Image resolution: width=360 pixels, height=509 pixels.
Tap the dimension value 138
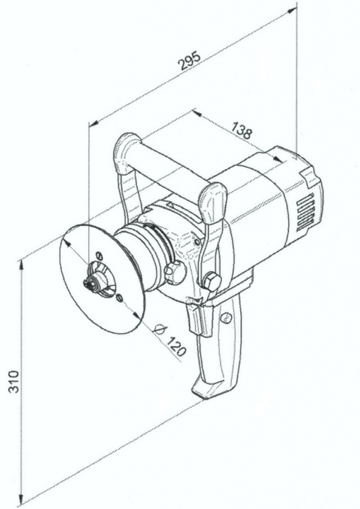point(241,131)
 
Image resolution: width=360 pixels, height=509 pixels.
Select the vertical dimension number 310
point(15,382)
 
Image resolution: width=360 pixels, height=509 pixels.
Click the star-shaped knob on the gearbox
point(174,271)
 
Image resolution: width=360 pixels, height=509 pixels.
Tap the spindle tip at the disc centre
point(89,284)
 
